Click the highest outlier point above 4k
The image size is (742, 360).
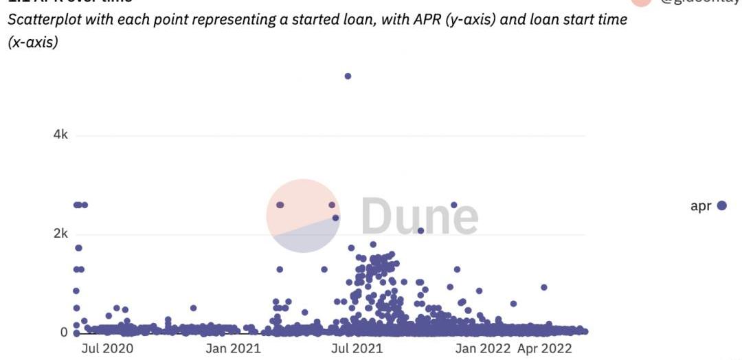click(x=348, y=76)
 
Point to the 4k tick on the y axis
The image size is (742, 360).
click(x=60, y=135)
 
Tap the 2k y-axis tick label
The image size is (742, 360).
click(x=60, y=234)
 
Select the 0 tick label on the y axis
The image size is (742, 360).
click(x=64, y=333)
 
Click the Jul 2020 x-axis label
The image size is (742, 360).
click(x=107, y=348)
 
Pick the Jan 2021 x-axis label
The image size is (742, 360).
click(x=233, y=348)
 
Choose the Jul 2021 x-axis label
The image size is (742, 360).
click(x=357, y=348)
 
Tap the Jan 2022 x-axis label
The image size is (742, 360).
click(x=483, y=348)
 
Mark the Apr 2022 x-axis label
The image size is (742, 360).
click(x=544, y=348)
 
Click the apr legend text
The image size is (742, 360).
click(x=701, y=206)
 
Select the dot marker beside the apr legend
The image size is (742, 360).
click(x=721, y=205)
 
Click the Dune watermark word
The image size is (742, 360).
click(x=419, y=215)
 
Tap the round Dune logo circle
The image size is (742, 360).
click(x=303, y=216)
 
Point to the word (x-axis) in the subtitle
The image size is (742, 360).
click(x=33, y=43)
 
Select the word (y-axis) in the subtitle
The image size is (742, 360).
click(x=471, y=19)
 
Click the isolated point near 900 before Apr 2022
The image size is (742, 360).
click(x=544, y=287)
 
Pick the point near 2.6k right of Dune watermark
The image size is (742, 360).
click(x=453, y=205)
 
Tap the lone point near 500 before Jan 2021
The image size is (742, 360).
click(x=193, y=308)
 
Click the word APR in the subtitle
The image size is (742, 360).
click(x=427, y=19)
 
